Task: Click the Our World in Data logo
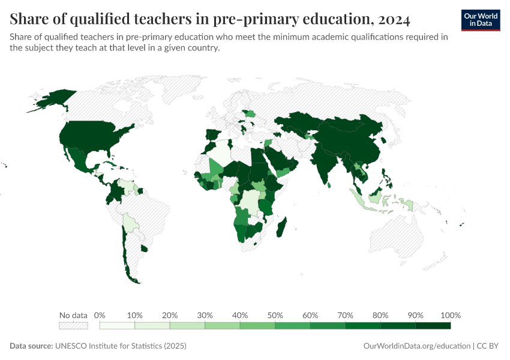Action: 480,20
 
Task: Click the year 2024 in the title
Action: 391,19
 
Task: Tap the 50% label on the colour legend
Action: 275,315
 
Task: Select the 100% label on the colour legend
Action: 450,315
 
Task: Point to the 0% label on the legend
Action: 100,315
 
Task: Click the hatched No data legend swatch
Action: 73,325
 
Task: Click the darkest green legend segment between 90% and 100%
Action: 433,325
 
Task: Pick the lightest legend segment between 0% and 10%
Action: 117,325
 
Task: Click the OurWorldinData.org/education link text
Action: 416,346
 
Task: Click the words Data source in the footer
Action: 31,346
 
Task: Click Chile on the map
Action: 127,252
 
